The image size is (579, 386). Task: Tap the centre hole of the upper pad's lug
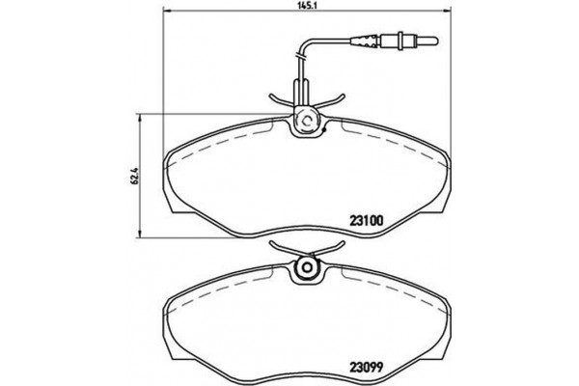pyautogui.click(x=305, y=122)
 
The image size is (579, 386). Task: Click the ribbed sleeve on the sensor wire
pyautogui.click(x=368, y=41)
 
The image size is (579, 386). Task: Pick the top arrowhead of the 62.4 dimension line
pyautogui.click(x=143, y=118)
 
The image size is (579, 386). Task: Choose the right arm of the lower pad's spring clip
pyautogui.click(x=333, y=250)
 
